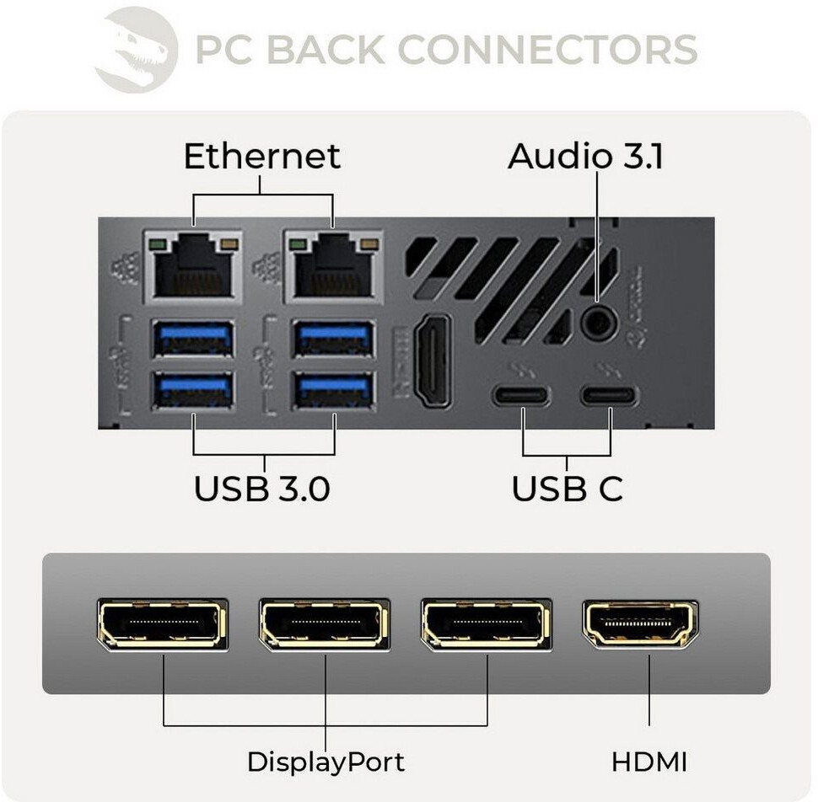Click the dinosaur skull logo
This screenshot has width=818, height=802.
pos(136,50)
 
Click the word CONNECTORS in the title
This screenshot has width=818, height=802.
pos(547,50)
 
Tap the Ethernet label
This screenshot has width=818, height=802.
pos(262,156)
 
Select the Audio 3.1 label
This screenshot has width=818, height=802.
pos(585,156)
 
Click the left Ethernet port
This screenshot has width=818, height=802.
pos(193,265)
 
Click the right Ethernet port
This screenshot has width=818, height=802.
pos(333,265)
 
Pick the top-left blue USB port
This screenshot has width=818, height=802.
pos(193,338)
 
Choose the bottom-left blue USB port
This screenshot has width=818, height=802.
pos(193,390)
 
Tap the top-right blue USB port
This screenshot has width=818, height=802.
pos(334,338)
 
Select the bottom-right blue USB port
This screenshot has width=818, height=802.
pos(334,390)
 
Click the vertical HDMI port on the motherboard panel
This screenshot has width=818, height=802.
pos(433,361)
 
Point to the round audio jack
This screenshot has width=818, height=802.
pos(599,323)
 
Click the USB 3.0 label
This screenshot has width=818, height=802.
pos(262,489)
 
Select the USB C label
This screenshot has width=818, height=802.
pos(567,489)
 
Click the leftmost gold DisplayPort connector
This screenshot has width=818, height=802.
pos(163,624)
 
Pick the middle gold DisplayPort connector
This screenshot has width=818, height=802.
pos(325,624)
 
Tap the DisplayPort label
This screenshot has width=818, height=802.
pos(326,762)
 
